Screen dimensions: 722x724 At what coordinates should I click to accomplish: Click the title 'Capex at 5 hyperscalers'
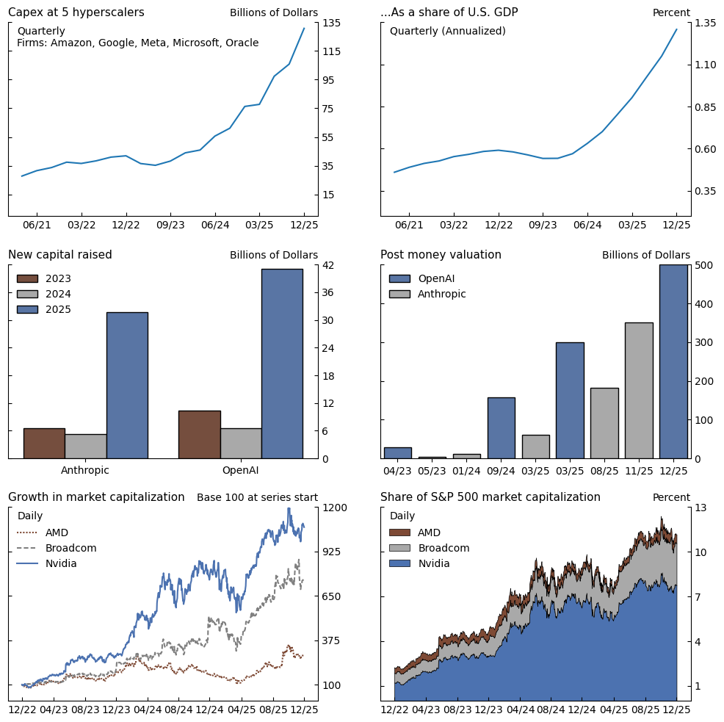pos(76,12)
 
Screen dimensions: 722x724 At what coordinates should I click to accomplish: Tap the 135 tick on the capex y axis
pos(331,23)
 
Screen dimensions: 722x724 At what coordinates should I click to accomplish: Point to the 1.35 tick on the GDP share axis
pos(705,23)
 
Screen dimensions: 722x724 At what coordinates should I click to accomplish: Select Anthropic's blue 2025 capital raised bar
pos(127,385)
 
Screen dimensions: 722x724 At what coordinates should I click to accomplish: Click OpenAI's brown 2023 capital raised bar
pos(199,434)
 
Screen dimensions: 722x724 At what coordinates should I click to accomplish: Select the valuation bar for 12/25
pos(673,361)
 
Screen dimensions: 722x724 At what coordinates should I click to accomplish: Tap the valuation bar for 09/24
pos(501,427)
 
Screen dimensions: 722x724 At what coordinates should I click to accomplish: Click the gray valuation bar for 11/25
pos(639,390)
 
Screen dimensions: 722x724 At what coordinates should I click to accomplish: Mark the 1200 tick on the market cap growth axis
pos(334,508)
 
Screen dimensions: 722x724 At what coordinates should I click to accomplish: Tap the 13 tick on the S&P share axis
pos(701,508)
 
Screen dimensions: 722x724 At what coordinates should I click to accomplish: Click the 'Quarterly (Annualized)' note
pos(447,31)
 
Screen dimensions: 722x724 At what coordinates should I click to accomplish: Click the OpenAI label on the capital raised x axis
pos(240,470)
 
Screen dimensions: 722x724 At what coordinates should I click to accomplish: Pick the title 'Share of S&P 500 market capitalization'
pos(490,497)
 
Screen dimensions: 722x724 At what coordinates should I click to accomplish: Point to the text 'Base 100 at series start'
pos(257,497)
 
